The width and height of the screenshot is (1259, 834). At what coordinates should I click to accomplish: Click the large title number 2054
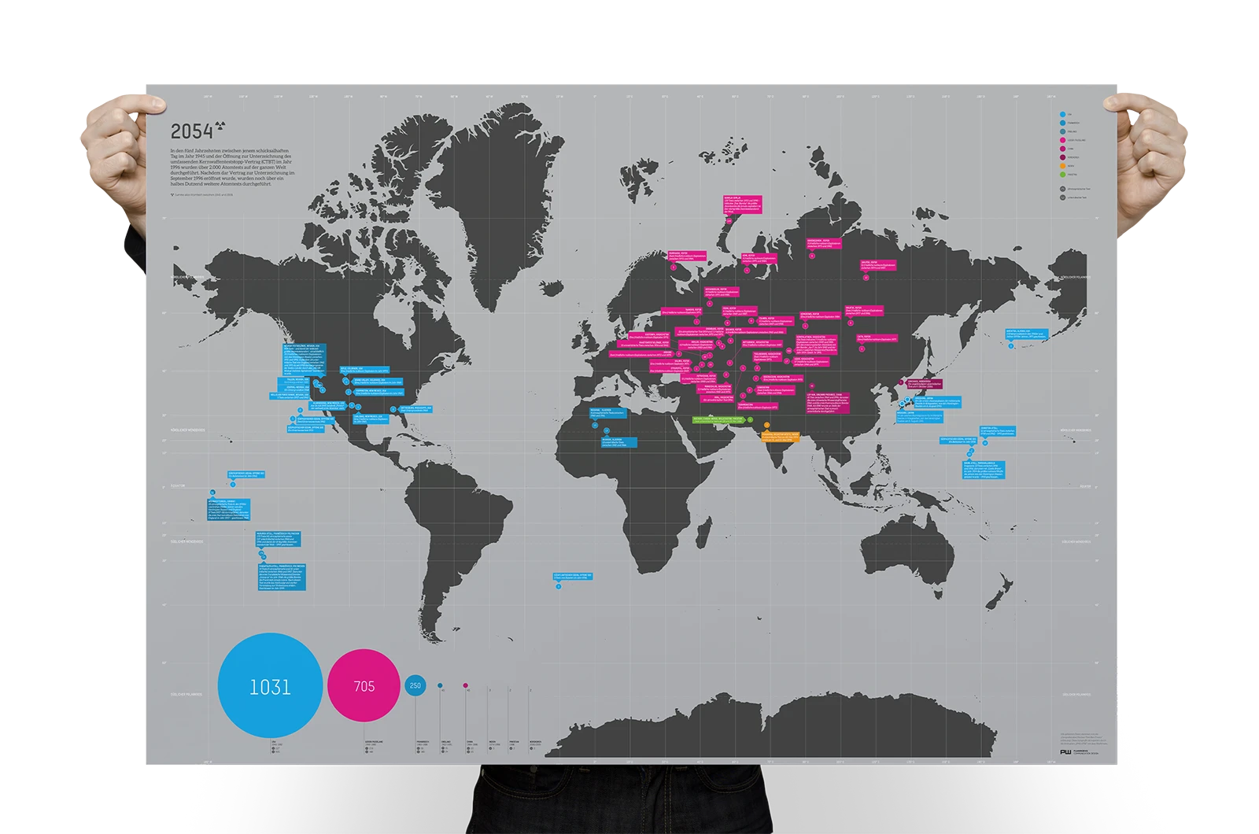192,131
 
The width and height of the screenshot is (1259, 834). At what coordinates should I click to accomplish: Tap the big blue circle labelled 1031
270,686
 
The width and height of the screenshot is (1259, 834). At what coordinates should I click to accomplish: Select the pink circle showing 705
364,686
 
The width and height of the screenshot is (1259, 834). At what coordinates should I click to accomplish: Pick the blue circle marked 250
415,685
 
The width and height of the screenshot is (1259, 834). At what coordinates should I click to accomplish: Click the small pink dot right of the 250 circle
466,685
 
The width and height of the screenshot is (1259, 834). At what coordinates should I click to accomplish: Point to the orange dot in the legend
1063,165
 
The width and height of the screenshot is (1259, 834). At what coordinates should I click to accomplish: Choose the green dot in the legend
1063,174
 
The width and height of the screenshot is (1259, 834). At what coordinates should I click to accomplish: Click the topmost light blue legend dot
1063,114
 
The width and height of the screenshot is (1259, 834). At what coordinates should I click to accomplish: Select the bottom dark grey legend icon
1063,197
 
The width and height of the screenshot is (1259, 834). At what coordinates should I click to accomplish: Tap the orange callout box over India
780,435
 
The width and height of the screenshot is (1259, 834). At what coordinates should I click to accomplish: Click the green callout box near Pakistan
718,419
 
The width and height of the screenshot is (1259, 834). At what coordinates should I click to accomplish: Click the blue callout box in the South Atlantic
572,576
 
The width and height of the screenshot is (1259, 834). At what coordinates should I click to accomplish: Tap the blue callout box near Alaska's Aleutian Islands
1027,334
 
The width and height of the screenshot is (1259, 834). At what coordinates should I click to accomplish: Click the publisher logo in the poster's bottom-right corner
1065,752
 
